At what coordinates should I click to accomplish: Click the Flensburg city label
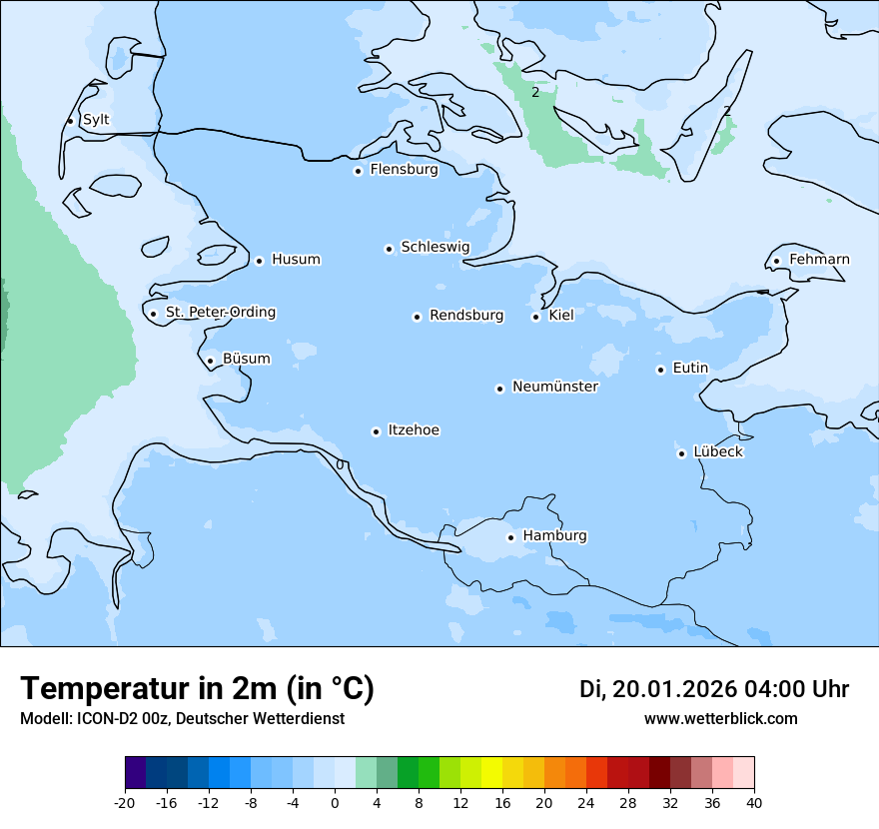click(404, 170)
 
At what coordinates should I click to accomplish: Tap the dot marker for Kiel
click(535, 317)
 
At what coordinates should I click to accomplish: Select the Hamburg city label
click(554, 536)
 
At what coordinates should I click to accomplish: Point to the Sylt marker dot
click(70, 121)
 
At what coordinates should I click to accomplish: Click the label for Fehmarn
click(819, 260)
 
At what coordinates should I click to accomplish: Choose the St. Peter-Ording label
click(220, 313)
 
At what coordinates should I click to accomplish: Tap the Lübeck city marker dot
click(681, 453)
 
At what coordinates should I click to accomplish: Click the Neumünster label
click(555, 387)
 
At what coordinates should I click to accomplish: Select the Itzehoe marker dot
click(376, 431)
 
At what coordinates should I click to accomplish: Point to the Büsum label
click(246, 359)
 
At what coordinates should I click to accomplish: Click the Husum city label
click(296, 260)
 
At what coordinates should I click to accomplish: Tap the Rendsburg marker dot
click(417, 317)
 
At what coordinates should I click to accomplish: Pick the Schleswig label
click(435, 247)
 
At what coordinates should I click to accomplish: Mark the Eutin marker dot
click(660, 370)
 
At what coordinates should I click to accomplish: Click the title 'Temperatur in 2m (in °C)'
click(197, 689)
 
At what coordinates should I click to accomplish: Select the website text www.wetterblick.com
click(720, 719)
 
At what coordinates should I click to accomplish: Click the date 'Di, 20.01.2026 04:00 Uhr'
click(713, 689)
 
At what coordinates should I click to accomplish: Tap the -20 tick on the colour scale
click(125, 803)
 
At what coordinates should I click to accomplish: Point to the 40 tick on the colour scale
click(753, 803)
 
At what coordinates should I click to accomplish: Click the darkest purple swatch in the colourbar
click(136, 773)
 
